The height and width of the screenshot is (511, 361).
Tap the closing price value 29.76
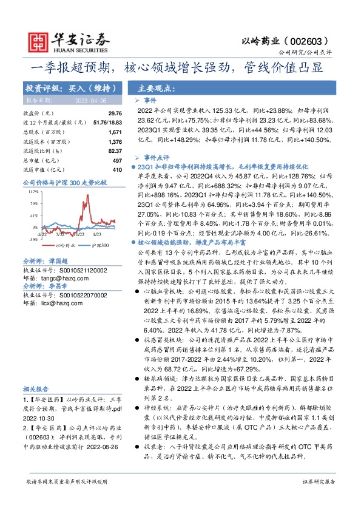tap(115, 113)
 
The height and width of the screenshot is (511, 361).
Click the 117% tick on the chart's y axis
tap(33, 191)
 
